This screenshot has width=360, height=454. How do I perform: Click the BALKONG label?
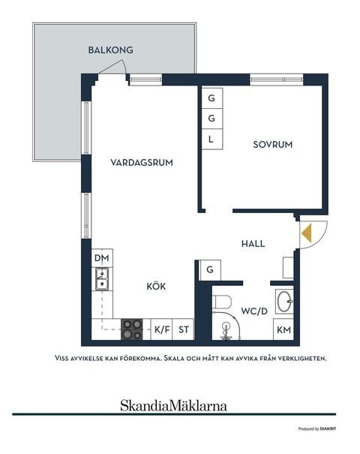110,50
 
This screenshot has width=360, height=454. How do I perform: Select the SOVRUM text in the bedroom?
271,145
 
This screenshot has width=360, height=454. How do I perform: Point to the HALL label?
253,243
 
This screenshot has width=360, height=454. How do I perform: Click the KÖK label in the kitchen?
155,286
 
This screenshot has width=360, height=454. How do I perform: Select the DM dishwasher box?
101,259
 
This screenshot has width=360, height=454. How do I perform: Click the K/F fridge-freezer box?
161,329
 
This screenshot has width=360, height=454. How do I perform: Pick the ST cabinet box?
184,329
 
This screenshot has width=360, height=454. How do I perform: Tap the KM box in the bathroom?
283,329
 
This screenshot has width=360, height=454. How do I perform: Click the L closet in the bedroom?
211,139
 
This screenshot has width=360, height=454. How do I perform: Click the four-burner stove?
133,327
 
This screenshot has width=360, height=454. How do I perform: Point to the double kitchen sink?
100,281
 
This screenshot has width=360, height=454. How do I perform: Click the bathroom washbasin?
284,302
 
